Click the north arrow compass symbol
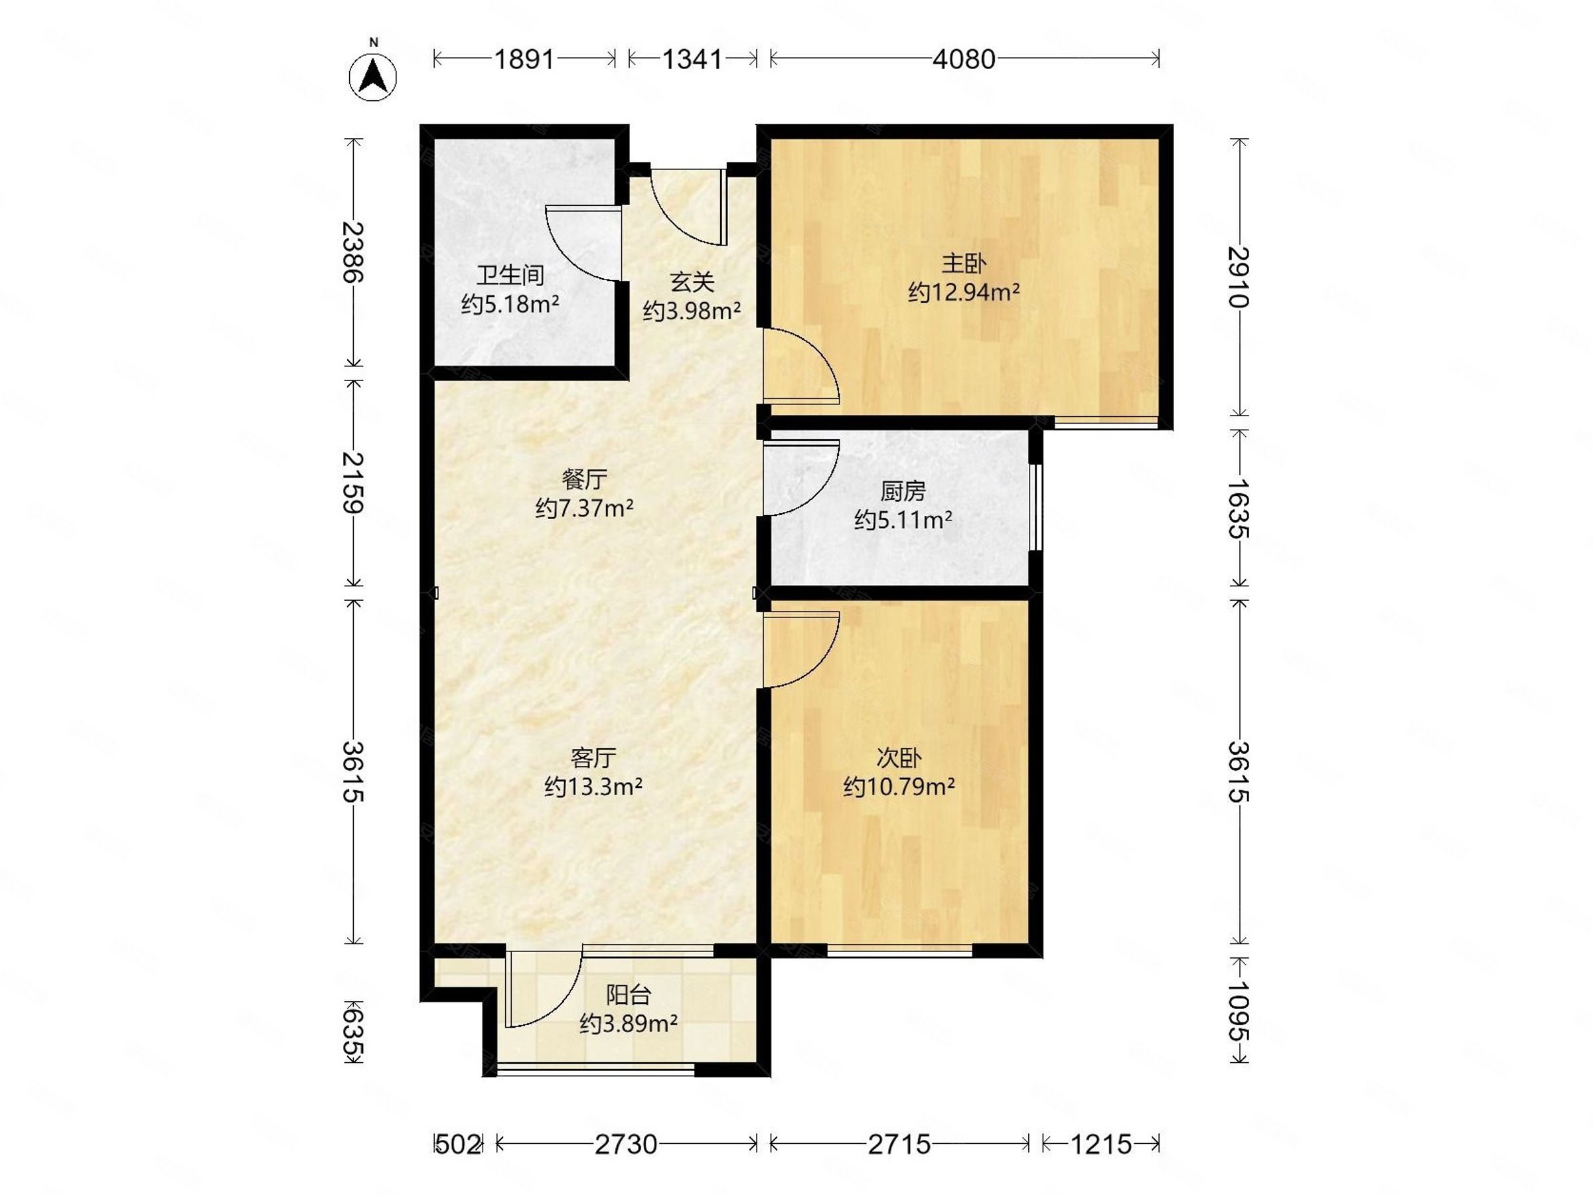(373, 76)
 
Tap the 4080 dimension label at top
(964, 59)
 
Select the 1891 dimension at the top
(524, 59)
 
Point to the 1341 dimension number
(692, 59)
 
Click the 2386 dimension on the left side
(352, 252)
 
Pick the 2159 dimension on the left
(352, 483)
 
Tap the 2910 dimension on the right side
(1238, 278)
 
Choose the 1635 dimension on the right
(1238, 509)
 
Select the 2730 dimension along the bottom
(626, 1144)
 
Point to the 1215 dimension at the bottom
(1101, 1144)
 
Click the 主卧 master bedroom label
(964, 264)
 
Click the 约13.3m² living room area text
(593, 786)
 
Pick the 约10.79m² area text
(899, 786)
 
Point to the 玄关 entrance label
(692, 281)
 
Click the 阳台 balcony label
(629, 995)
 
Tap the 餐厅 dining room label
(584, 479)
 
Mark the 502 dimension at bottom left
(458, 1144)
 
